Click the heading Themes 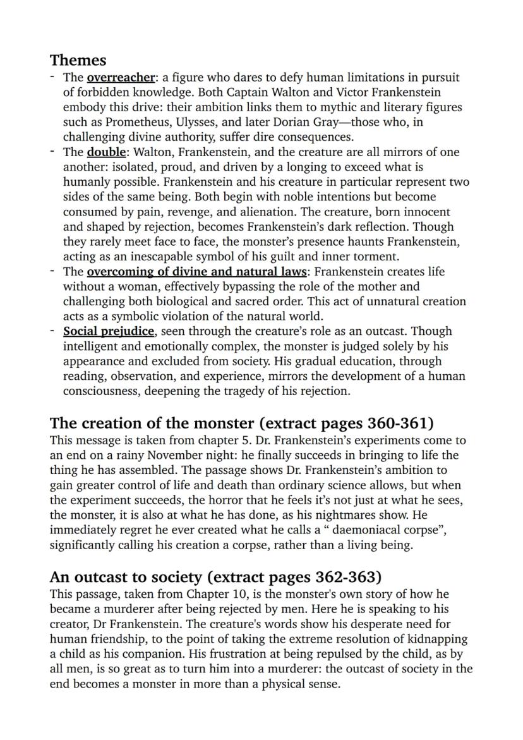78,60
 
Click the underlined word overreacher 121,78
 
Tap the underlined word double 106,152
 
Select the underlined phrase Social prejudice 108,331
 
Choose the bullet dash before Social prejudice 54,331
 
